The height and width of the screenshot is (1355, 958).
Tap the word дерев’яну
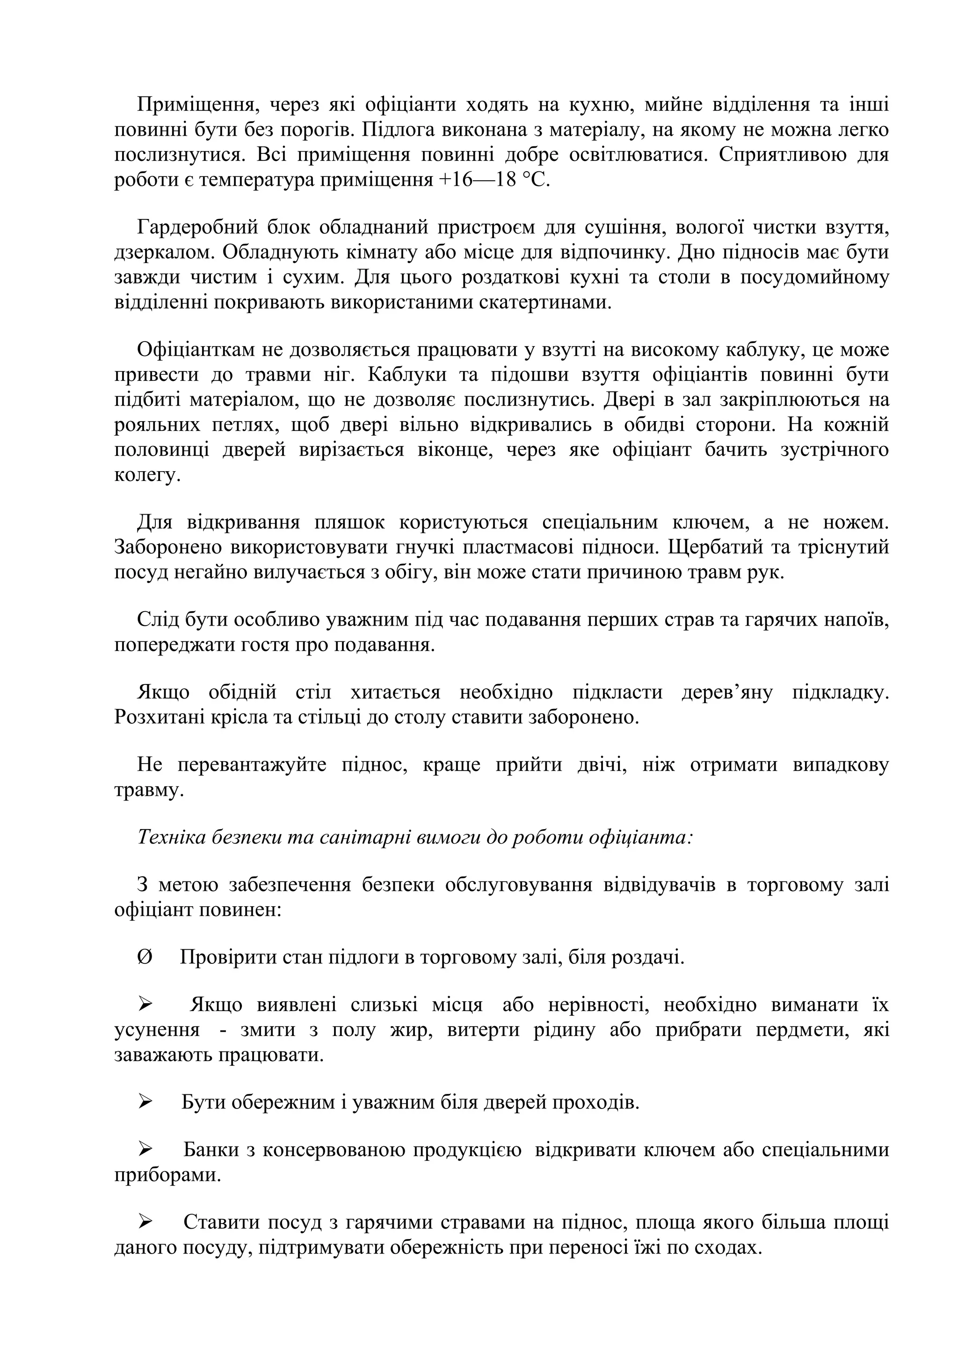coord(727,692)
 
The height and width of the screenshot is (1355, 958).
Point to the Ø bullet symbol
coord(144,957)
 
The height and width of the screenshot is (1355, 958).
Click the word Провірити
coord(220,957)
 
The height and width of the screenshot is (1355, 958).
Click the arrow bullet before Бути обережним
coord(145,1101)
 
